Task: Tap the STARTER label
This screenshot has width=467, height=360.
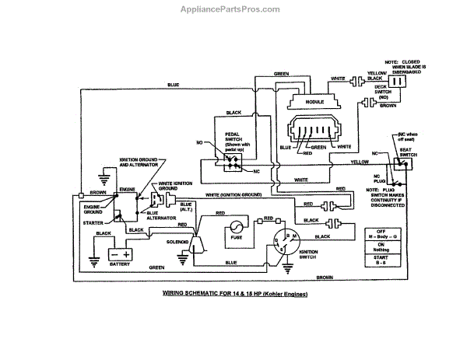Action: (x=93, y=222)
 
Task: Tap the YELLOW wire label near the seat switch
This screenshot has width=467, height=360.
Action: (x=359, y=162)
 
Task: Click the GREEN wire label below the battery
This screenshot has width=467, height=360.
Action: (x=156, y=267)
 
